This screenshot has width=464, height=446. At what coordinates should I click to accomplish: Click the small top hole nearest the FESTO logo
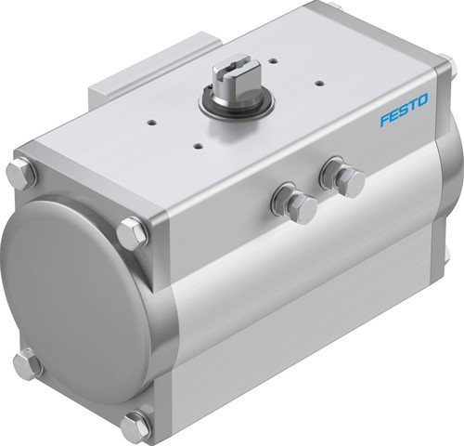(x=319, y=83)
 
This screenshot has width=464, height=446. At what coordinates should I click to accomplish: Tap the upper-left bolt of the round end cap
(x=20, y=173)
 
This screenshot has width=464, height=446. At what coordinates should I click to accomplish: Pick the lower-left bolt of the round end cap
(x=28, y=361)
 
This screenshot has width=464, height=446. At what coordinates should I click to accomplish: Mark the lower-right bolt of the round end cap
(x=135, y=426)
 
